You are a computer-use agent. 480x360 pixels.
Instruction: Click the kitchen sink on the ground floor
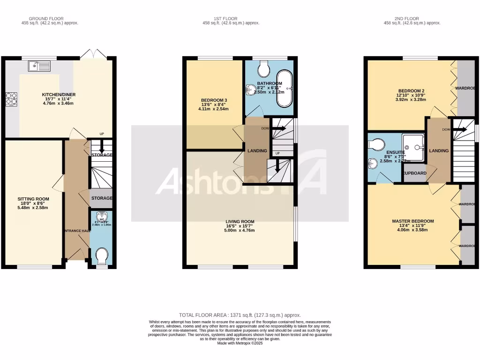(39, 67)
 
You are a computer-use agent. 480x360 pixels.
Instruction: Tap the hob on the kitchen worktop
(11, 99)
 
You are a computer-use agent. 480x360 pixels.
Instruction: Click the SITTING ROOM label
(33, 199)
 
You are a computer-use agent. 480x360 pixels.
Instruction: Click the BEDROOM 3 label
(214, 100)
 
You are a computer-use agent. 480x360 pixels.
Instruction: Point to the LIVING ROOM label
(240, 222)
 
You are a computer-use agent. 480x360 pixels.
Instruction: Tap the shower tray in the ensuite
(413, 147)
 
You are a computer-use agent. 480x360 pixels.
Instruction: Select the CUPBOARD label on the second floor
(415, 173)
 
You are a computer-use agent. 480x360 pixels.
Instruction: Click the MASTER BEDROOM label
(412, 221)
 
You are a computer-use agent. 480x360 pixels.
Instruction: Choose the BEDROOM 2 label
(412, 91)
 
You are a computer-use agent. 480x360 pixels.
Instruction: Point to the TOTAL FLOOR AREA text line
(240, 315)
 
